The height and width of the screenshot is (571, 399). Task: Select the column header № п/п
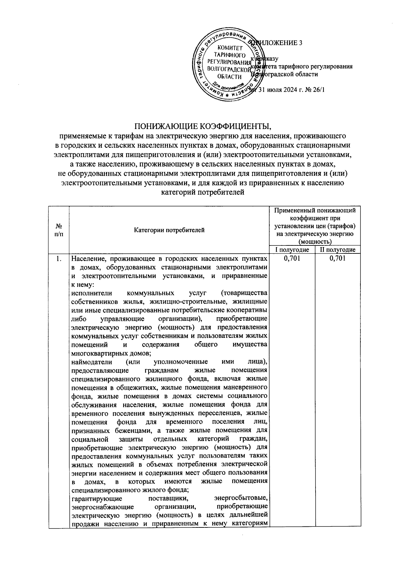[59, 230]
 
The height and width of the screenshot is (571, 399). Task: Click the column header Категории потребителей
[169, 230]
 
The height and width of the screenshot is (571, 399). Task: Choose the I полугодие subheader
[292, 250]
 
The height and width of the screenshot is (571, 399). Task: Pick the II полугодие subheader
[338, 250]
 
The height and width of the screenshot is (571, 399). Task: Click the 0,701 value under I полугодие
[292, 258]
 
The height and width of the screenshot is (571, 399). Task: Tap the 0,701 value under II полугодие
[338, 258]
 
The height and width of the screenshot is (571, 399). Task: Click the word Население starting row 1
[87, 258]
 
